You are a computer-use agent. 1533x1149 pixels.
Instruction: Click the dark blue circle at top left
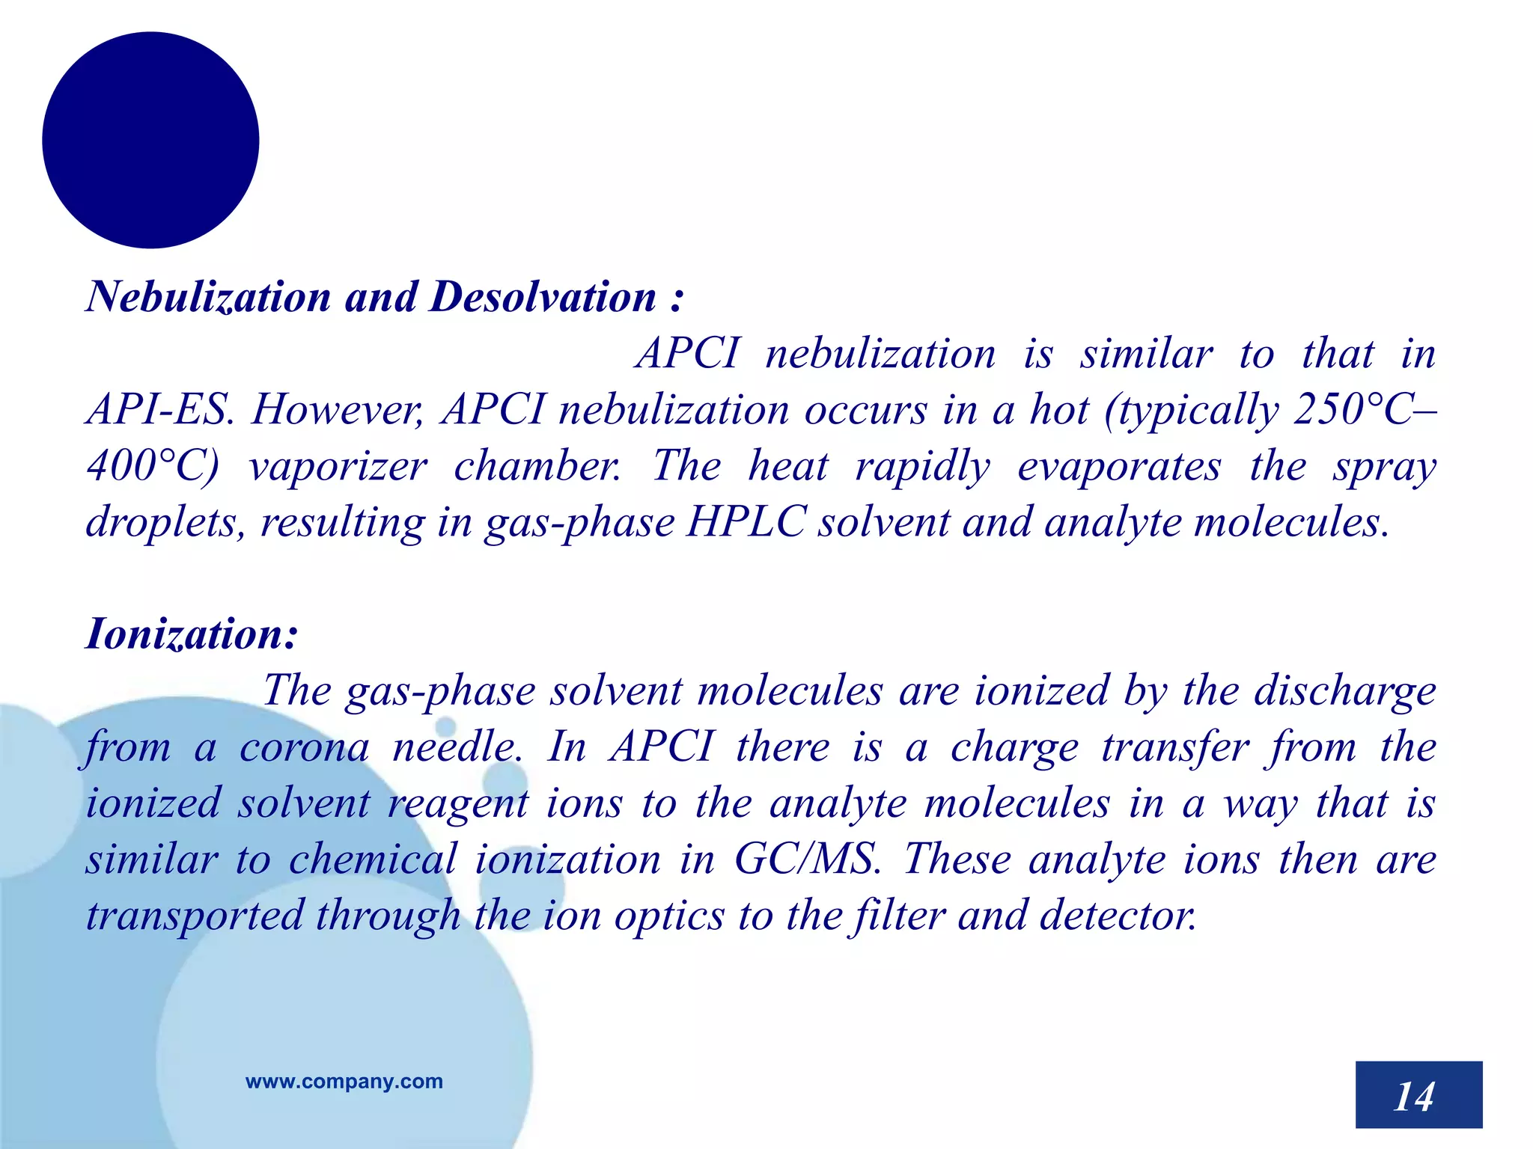[150, 140]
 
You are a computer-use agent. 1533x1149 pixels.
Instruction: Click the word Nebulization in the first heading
[208, 297]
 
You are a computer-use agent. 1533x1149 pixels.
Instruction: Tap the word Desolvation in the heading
[543, 297]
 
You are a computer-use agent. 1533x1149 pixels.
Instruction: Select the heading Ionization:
[192, 634]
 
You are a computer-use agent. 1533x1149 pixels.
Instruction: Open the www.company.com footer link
[344, 1081]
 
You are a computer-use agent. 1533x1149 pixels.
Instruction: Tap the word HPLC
[746, 522]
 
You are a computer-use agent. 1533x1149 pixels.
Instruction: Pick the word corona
[304, 747]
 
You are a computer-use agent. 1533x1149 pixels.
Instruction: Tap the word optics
[669, 916]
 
